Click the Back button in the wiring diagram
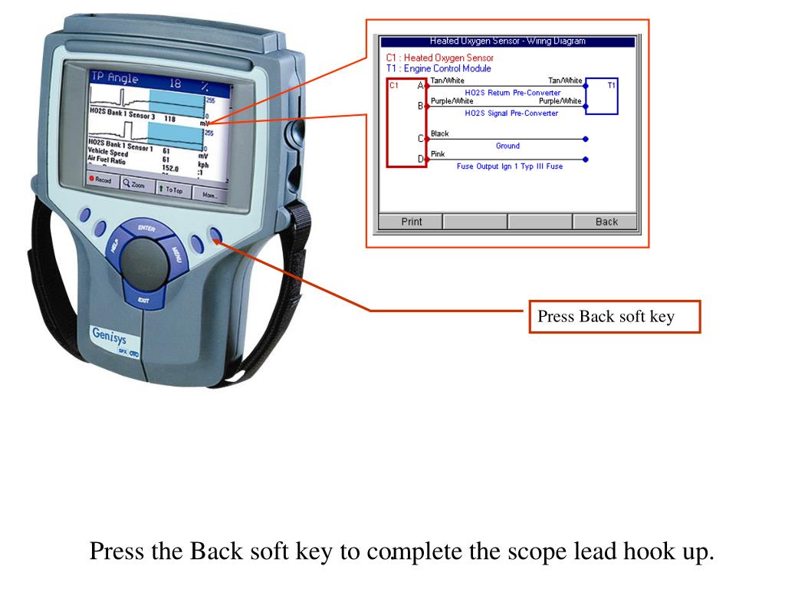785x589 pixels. [606, 222]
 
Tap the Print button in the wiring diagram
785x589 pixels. [412, 222]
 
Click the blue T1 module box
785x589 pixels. [602, 96]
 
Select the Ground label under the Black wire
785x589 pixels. [507, 146]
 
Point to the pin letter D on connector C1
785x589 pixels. [420, 159]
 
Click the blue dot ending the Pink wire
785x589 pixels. [586, 160]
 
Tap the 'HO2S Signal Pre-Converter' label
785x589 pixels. [511, 113]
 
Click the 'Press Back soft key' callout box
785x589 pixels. [614, 317]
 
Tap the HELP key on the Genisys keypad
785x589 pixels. [114, 247]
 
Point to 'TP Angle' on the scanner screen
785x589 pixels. [115, 77]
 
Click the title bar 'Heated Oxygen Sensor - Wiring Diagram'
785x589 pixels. [507, 41]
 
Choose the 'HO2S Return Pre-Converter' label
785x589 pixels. [512, 93]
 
